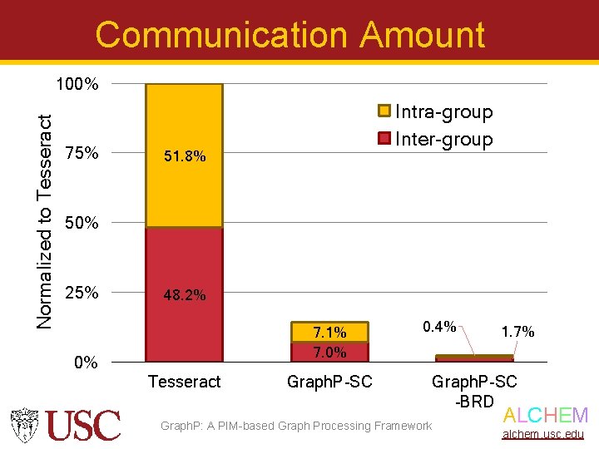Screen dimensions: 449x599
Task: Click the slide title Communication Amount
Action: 290,35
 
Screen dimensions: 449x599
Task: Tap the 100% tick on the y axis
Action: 77,85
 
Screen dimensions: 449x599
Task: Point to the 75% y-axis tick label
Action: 82,154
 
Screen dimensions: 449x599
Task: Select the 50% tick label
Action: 82,223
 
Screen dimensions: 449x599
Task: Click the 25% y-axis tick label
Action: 82,293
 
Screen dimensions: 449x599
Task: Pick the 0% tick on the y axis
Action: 86,363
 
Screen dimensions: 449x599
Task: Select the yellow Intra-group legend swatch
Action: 384,111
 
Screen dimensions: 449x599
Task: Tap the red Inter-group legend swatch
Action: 384,139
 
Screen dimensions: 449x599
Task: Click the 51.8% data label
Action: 185,155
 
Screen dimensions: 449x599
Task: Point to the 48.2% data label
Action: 185,295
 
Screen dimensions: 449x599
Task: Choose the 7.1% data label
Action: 329,333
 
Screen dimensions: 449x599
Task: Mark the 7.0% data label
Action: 329,352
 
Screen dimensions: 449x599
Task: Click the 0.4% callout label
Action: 439,327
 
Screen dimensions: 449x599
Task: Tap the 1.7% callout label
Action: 517,332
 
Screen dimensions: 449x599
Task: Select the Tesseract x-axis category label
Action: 184,382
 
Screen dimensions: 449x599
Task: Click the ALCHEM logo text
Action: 546,416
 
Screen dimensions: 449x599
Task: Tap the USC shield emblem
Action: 26,425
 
